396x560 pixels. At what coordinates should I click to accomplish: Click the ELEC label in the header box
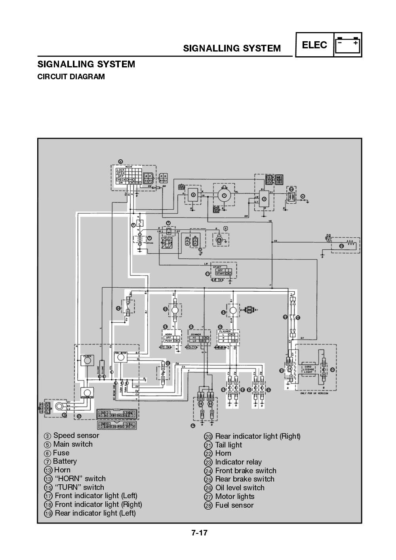click(314, 45)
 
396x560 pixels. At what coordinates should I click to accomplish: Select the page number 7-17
click(199, 533)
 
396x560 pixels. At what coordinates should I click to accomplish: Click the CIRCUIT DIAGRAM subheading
click(71, 77)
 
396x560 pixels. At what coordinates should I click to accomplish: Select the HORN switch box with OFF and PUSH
click(172, 338)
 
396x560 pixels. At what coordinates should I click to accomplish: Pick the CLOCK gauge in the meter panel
click(87, 360)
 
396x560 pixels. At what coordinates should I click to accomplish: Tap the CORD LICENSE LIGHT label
click(308, 369)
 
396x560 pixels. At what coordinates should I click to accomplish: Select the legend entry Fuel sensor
click(234, 505)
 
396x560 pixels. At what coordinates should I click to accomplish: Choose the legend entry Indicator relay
click(238, 462)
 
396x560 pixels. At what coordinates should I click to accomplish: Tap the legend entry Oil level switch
click(240, 488)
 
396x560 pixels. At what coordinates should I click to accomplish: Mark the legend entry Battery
click(65, 461)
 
